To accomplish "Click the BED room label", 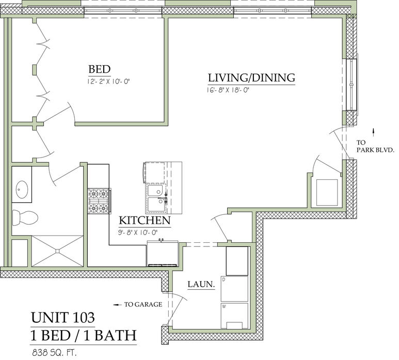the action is click(x=100, y=69).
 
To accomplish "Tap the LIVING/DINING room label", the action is click(x=251, y=77).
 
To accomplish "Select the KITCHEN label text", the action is click(x=145, y=221).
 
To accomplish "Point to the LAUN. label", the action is click(x=201, y=284).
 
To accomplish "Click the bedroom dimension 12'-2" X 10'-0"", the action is click(x=109, y=82).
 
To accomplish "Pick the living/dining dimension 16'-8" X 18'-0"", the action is click(x=228, y=90).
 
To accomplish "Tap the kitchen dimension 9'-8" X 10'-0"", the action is click(x=138, y=232).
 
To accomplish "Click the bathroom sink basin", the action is click(x=22, y=190).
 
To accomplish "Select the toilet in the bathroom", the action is click(x=25, y=217).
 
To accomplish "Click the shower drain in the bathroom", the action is click(x=57, y=251).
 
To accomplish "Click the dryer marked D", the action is click(x=234, y=289).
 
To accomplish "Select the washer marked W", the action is click(x=234, y=316).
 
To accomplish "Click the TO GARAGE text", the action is click(x=143, y=304).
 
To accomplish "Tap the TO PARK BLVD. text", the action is click(x=375, y=146).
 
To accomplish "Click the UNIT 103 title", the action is click(x=63, y=317).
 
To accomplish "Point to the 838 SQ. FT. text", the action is click(x=54, y=353).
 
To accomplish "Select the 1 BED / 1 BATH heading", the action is click(x=84, y=335).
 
